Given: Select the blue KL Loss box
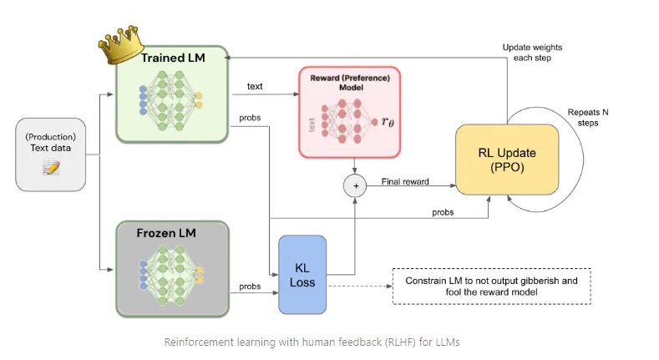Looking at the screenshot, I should point(302,275).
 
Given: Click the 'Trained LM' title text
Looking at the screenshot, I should point(173,58).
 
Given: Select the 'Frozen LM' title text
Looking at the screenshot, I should point(166,233).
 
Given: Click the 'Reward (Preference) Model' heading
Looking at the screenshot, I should point(350,83).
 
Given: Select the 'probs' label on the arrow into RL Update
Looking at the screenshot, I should point(443,212).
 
